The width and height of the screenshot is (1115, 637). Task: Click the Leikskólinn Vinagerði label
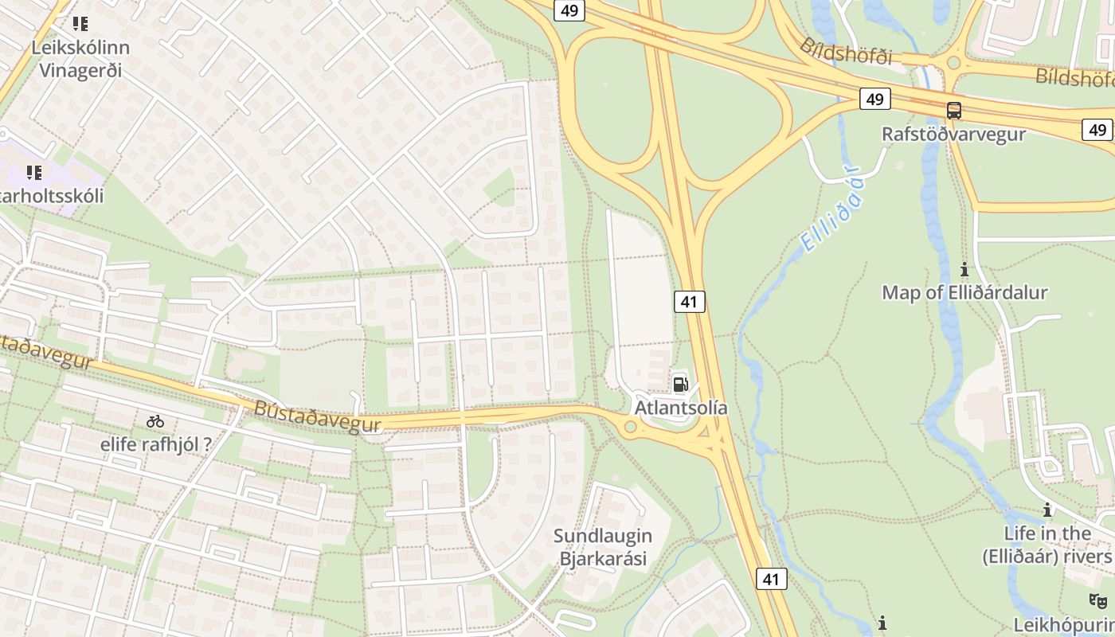pos(80,58)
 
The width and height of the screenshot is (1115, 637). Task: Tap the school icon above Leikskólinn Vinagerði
pos(80,24)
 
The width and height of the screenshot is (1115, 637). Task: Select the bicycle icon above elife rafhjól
pos(155,421)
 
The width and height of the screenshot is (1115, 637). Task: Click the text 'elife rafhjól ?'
pos(156,444)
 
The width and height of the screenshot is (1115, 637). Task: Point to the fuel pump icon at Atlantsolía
pos(680,385)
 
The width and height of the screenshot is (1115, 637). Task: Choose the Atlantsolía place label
pos(681,408)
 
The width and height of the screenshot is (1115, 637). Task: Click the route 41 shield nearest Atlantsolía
pos(690,302)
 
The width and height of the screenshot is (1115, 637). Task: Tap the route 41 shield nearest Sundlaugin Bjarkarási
pos(770,579)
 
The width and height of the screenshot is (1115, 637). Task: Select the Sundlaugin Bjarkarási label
pos(603,547)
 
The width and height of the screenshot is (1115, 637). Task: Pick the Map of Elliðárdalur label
pos(964,292)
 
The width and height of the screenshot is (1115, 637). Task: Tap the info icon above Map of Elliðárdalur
pos(964,269)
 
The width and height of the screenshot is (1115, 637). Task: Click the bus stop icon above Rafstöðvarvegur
pos(953,111)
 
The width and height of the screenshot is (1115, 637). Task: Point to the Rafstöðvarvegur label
pos(953,134)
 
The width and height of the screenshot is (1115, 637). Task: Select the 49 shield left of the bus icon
pos(874,99)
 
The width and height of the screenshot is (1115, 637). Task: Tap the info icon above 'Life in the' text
pos(1047,510)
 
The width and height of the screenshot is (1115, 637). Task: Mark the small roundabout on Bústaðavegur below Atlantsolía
pos(630,428)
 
